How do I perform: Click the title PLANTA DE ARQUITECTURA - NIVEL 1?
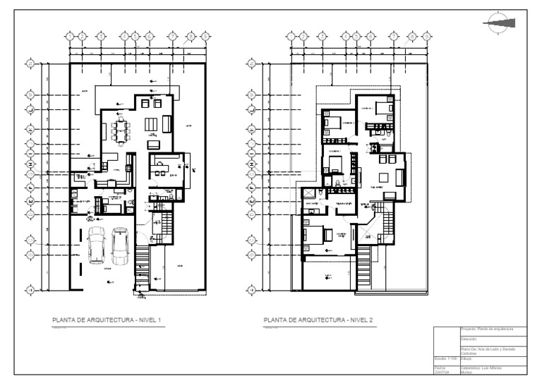coord(107,321)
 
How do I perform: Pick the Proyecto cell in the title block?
coord(487,329)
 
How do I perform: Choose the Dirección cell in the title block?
coord(487,339)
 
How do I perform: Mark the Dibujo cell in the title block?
coord(487,359)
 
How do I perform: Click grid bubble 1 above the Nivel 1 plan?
coord(69,36)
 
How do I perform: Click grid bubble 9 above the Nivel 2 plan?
coord(426,36)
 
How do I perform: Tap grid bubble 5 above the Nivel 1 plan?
coord(136,36)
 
